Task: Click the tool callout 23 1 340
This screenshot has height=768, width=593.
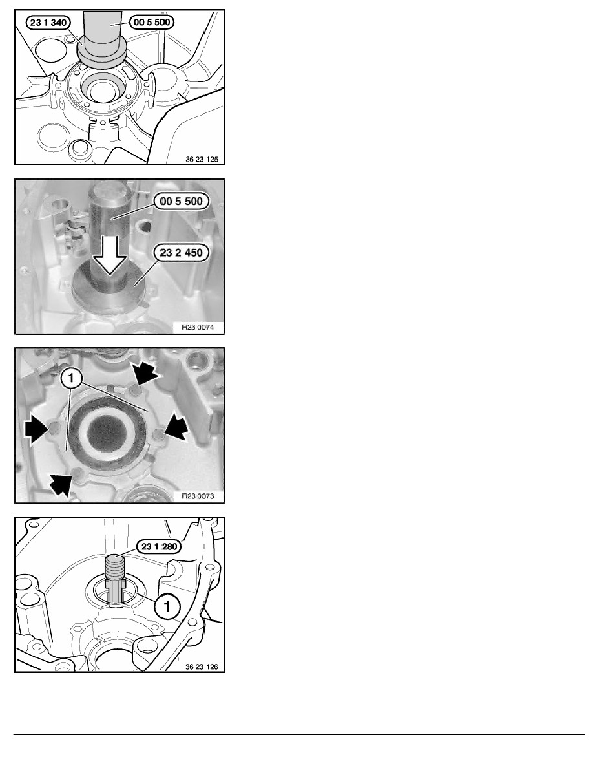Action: pyautogui.click(x=48, y=23)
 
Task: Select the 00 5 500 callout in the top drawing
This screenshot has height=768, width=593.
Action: pyautogui.click(x=152, y=22)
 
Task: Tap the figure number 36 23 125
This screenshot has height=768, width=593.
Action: pyautogui.click(x=202, y=159)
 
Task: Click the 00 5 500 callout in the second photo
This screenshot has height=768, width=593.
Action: pyautogui.click(x=181, y=201)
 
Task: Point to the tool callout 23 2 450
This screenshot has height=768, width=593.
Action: pyautogui.click(x=181, y=253)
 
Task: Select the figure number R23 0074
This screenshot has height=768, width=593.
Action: pyautogui.click(x=198, y=327)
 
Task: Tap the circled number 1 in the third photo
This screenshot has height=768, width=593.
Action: pyautogui.click(x=72, y=378)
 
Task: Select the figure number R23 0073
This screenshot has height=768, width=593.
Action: pyautogui.click(x=198, y=496)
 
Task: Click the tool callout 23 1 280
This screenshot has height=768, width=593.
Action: pyautogui.click(x=159, y=547)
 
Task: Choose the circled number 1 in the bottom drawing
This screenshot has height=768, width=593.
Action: pyautogui.click(x=167, y=606)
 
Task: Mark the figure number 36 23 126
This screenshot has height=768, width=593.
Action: pyautogui.click(x=202, y=667)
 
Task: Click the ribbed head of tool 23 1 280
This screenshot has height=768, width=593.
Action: pyautogui.click(x=115, y=567)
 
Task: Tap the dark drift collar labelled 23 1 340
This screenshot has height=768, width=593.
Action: pyautogui.click(x=102, y=53)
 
